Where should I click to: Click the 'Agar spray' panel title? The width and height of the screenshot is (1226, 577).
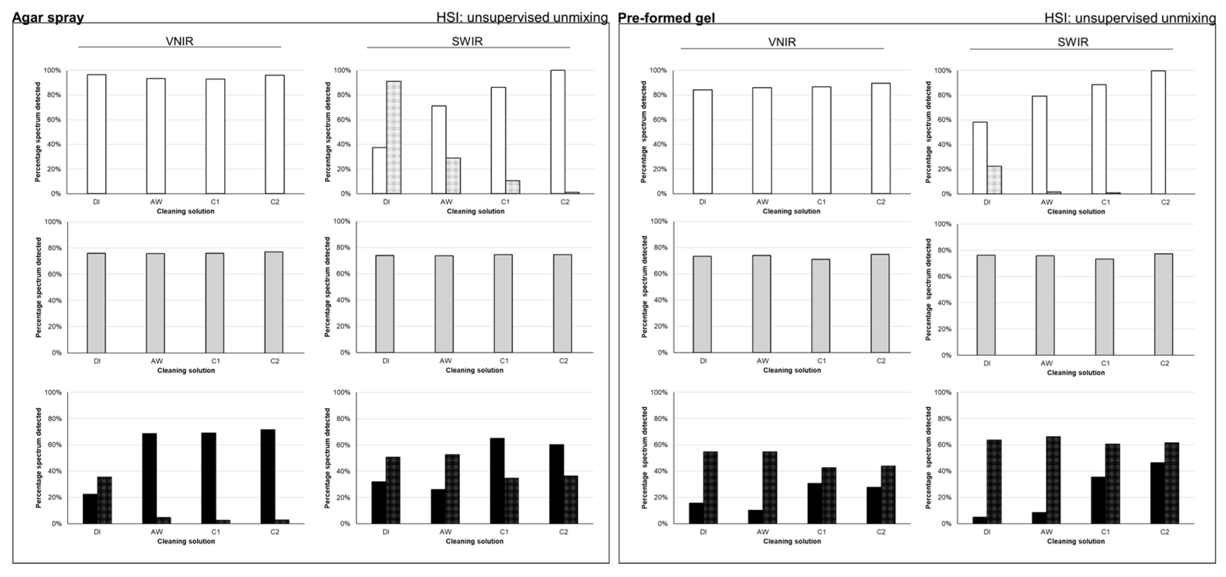(48, 17)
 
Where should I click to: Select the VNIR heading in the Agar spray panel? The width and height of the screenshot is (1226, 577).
(180, 42)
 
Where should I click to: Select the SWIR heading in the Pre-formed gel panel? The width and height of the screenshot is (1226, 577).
(1073, 42)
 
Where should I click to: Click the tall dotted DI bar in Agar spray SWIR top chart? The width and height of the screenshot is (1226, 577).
(394, 138)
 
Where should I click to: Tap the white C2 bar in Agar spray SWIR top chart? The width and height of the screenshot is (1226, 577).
(557, 132)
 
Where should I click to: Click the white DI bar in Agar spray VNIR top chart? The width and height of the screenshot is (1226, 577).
(97, 134)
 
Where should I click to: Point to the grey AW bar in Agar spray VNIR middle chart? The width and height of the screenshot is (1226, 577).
(155, 303)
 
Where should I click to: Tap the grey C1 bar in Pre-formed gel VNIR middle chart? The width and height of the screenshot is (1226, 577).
(821, 306)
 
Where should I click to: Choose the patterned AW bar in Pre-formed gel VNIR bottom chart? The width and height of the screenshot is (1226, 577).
(770, 488)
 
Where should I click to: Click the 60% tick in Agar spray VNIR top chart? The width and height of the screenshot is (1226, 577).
(52, 120)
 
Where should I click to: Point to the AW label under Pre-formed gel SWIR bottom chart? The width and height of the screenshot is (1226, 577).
(1046, 532)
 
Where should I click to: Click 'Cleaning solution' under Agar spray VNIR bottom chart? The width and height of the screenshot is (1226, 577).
(186, 541)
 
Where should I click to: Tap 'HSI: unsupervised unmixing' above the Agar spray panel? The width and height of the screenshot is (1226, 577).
(522, 17)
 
